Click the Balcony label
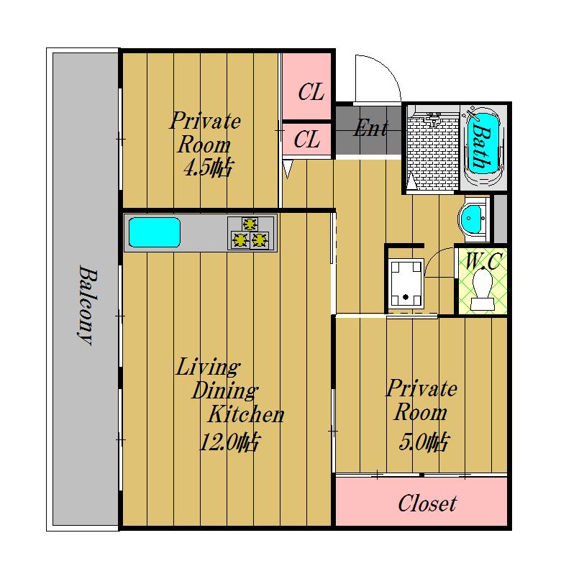click(88, 305)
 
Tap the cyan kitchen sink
click(155, 232)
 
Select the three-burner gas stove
click(251, 233)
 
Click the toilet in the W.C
click(483, 290)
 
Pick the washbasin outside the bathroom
click(473, 219)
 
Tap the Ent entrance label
click(371, 128)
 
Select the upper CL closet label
click(311, 92)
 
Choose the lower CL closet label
click(307, 140)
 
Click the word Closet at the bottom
click(427, 503)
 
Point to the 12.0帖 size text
click(229, 442)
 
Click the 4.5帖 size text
click(208, 168)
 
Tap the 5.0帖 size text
click(423, 442)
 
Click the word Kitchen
click(246, 415)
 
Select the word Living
click(208, 367)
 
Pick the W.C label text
click(483, 261)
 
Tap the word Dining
click(224, 391)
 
